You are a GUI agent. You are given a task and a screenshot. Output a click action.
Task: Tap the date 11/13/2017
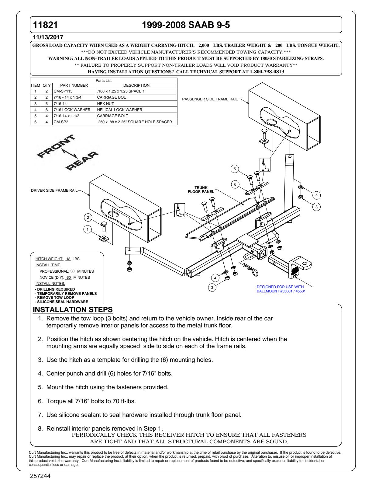[x=48, y=37]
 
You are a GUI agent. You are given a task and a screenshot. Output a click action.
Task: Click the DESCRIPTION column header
[x=136, y=86]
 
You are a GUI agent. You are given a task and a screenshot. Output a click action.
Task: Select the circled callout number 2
[x=88, y=217]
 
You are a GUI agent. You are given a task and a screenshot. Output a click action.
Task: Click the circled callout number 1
[x=88, y=229]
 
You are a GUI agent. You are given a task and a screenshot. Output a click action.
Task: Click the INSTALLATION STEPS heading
[x=73, y=310]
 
